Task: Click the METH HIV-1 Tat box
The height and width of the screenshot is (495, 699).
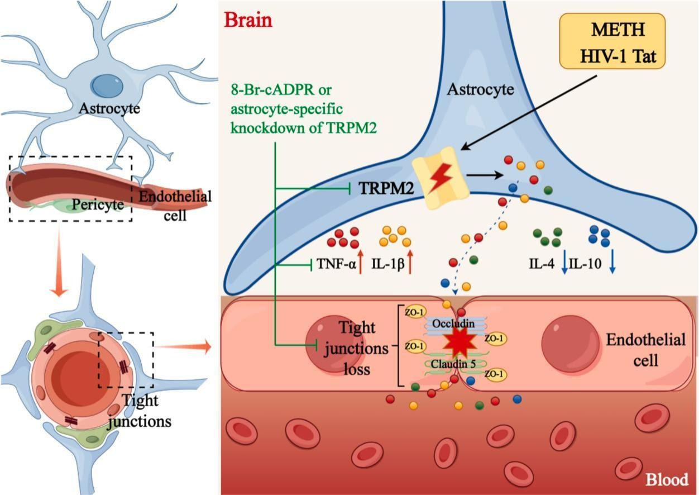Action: tap(612, 41)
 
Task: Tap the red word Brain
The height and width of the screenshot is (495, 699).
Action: tap(248, 20)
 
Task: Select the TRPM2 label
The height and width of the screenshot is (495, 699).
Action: tap(385, 189)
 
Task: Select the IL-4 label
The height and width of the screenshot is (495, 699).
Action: tap(542, 263)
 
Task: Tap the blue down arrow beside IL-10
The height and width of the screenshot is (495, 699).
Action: tap(612, 262)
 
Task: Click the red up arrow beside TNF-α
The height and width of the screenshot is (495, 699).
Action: tap(360, 262)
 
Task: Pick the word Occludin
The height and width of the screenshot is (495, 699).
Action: tap(452, 324)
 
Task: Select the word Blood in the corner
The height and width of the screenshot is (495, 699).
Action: tap(667, 479)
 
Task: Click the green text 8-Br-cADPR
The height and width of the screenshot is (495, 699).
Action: tap(266, 89)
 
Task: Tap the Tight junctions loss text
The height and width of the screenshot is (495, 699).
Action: tap(358, 349)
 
